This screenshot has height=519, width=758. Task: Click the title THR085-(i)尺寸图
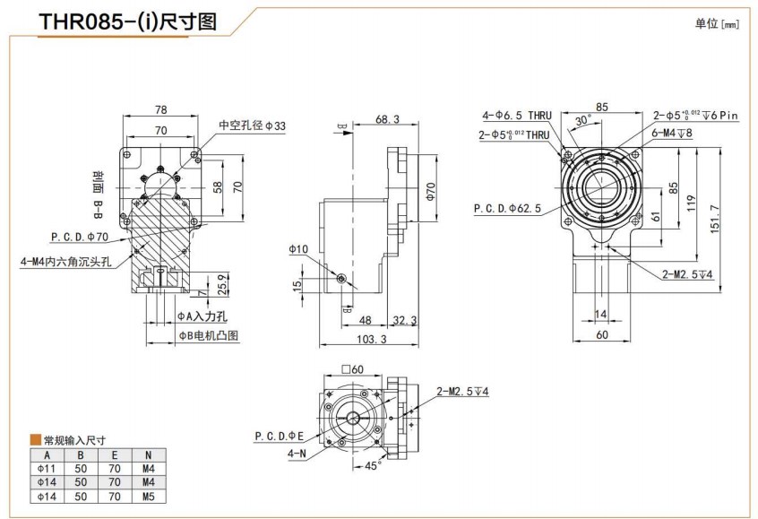[x=128, y=22]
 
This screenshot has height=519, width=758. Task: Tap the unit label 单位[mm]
[x=717, y=24]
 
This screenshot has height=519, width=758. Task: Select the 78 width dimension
[x=160, y=109]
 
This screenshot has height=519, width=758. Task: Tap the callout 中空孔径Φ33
[x=253, y=125]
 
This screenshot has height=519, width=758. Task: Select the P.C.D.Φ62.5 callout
[x=507, y=209]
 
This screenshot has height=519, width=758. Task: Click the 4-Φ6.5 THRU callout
[x=517, y=116]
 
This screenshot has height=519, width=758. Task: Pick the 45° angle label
[x=374, y=465]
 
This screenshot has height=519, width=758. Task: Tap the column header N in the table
[x=148, y=454]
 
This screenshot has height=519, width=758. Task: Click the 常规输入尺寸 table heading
[x=74, y=439]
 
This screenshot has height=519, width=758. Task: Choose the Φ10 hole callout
[x=298, y=248]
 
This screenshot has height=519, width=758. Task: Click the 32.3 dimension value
[x=405, y=319]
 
